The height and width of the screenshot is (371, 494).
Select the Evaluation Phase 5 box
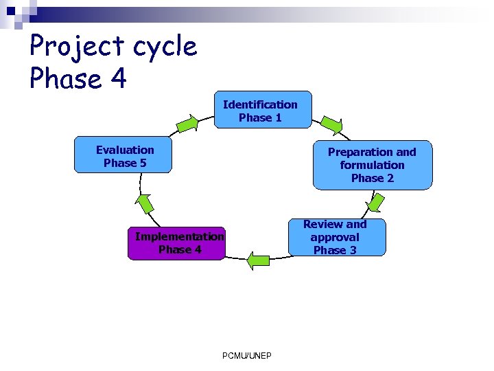tap(124, 156)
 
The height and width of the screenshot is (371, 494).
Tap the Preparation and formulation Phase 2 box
tap(373, 165)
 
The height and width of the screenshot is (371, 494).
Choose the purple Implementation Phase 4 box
tap(176, 243)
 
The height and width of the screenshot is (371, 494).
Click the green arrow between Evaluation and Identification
tap(187, 124)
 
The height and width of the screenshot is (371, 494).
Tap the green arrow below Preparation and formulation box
tap(377, 201)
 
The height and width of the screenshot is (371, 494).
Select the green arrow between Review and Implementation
tap(259, 260)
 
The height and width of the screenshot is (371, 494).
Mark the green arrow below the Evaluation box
tap(144, 203)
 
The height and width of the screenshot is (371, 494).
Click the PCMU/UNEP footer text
tap(247, 355)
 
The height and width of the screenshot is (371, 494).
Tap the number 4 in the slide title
tap(117, 78)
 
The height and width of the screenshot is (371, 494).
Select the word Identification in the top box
tap(260, 104)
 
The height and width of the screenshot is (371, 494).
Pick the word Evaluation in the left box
tap(125, 150)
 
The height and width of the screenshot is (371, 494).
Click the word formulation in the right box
tap(372, 165)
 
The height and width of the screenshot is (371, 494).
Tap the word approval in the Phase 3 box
tap(335, 237)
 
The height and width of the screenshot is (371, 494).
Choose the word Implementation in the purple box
tap(179, 236)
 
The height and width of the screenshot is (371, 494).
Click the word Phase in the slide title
tap(66, 78)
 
